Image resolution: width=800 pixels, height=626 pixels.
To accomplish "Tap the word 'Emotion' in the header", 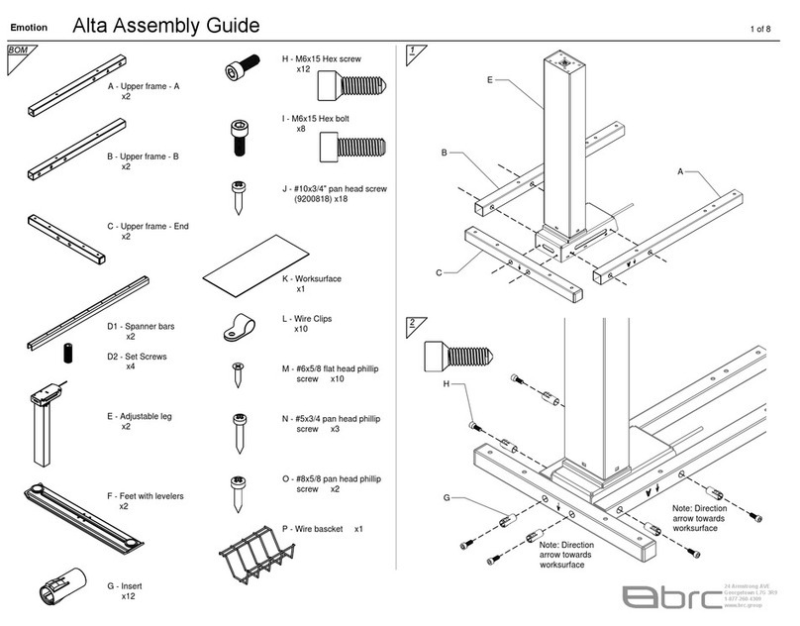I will [x=30, y=28].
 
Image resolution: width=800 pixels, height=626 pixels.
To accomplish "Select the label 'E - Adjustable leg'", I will [x=140, y=416].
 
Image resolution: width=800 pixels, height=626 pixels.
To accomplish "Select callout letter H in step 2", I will [x=447, y=383].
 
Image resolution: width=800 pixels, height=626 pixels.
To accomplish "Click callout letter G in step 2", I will [x=447, y=496].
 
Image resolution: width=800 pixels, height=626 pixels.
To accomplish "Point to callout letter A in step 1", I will [x=680, y=171].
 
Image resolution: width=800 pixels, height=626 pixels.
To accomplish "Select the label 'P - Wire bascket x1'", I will [x=324, y=529].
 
